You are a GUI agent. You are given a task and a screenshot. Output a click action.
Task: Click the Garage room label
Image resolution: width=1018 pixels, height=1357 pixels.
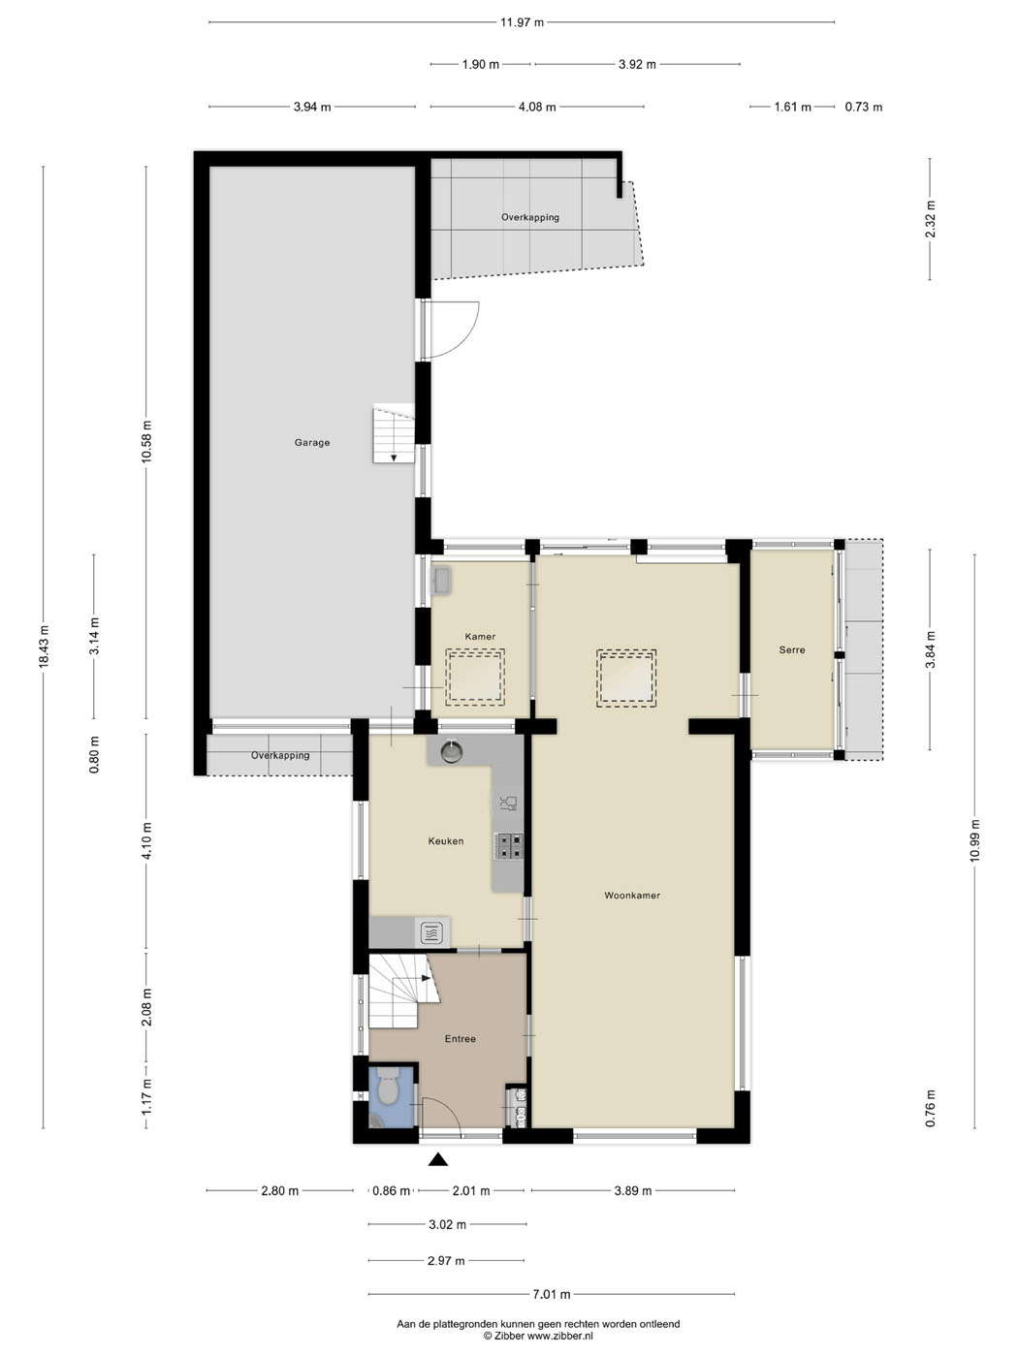[x=311, y=443]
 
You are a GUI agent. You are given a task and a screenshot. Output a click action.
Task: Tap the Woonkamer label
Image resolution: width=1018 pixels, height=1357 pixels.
[x=632, y=896]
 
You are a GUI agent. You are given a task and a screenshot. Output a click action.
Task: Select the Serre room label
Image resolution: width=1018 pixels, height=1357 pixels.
[x=792, y=649]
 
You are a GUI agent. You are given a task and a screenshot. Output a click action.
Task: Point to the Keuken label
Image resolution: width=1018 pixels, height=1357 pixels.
[x=446, y=840]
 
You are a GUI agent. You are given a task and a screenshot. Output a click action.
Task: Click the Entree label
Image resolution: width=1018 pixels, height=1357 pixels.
[x=460, y=1039]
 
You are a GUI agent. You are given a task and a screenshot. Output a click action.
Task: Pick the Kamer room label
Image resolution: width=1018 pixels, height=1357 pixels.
[x=480, y=636]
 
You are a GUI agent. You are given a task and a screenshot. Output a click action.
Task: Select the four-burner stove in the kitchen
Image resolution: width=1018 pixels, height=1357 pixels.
[x=510, y=846]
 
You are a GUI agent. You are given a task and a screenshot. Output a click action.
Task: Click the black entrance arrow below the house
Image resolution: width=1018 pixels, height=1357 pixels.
[x=438, y=1159]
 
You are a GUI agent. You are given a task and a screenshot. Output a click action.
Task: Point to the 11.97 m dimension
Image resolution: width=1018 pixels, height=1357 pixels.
[x=522, y=23]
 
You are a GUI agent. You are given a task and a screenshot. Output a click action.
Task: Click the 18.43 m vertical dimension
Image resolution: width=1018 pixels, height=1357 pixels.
[x=44, y=647]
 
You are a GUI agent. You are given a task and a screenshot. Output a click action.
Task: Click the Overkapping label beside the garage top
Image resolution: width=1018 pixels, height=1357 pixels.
[x=529, y=217]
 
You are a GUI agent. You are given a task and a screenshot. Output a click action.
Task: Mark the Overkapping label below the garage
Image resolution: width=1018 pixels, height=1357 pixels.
[x=280, y=755]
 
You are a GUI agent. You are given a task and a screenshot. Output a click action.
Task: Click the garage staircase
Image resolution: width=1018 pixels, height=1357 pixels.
[x=393, y=433]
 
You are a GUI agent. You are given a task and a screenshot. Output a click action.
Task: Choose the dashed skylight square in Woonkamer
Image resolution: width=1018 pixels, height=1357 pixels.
[x=626, y=678]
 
